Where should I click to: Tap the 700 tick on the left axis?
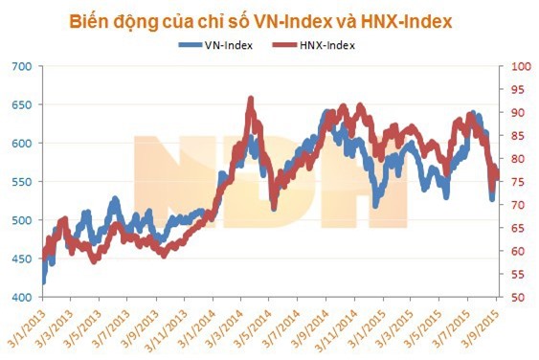coord(21,66)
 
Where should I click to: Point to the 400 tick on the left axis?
coord(21,298)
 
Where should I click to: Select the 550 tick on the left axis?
coord(21,182)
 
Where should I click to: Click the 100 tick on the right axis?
coord(521,66)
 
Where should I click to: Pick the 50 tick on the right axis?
coord(518,298)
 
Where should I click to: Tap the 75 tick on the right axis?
coord(518,182)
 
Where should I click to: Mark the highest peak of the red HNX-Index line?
coord(251,98)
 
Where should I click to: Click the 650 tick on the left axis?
coord(21,104)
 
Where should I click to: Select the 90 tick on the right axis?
coord(518,112)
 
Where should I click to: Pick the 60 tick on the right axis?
coord(518,251)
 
